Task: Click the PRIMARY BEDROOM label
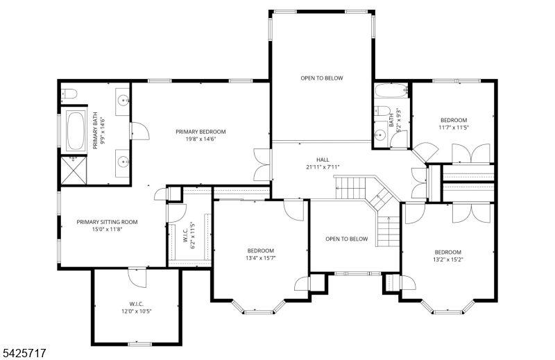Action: click(x=200, y=132)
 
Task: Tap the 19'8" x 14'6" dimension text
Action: click(x=200, y=139)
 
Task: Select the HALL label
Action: click(x=323, y=160)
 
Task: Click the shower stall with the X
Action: click(x=74, y=170)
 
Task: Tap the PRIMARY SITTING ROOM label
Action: click(x=108, y=222)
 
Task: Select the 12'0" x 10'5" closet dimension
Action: click(x=136, y=311)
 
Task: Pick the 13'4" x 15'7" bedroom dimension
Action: click(x=261, y=258)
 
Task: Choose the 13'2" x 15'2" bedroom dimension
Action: click(x=448, y=259)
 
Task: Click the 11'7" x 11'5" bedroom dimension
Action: click(x=454, y=128)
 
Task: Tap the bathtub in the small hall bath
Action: click(x=391, y=91)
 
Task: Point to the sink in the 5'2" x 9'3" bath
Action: click(x=380, y=135)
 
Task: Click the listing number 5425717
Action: click(x=24, y=353)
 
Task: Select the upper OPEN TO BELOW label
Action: click(x=322, y=78)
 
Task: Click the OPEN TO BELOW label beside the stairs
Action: click(x=346, y=239)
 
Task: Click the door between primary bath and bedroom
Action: click(x=139, y=131)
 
